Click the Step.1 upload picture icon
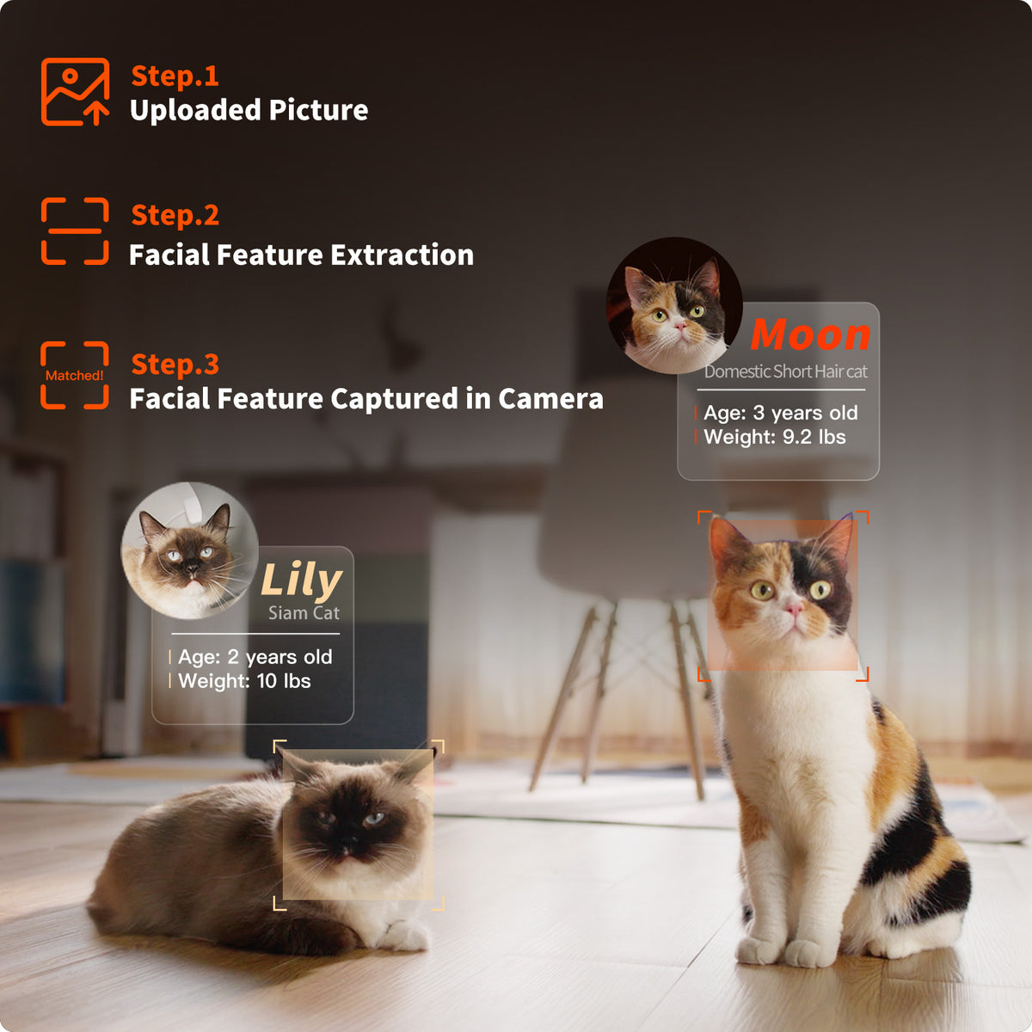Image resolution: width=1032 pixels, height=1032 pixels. coord(75,91)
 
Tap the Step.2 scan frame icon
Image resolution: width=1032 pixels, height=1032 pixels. coord(75,230)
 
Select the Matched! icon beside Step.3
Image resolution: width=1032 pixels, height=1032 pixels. coord(75,375)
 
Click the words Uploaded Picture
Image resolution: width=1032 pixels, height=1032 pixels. coord(249,110)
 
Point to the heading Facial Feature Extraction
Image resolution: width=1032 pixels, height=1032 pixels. coord(302,255)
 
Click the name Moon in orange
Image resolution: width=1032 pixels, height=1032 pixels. coord(810,335)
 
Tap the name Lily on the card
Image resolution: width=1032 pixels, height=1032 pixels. coord(301,580)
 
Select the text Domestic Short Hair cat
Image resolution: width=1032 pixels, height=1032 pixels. coord(786,372)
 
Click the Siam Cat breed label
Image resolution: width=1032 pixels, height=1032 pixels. coord(304,612)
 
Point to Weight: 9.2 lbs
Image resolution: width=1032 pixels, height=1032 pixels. coord(774,437)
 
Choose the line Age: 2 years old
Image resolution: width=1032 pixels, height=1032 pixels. coord(255,657)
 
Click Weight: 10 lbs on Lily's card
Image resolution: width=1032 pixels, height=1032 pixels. coord(244,681)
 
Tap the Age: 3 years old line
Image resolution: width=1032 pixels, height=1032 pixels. coord(780,413)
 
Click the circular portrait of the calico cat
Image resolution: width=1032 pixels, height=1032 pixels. coord(674,305)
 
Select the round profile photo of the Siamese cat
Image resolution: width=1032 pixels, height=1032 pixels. coord(189,550)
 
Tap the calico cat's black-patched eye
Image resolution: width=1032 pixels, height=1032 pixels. coord(820,590)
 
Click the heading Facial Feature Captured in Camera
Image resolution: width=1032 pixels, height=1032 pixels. coord(366,399)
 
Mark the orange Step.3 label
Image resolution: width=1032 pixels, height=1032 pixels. coord(175,364)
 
